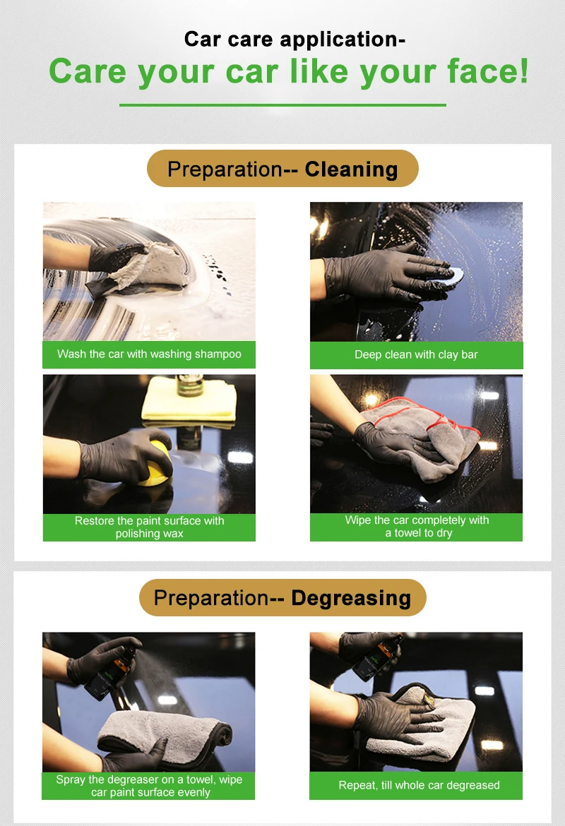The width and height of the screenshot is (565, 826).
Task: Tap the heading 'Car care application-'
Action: click(295, 39)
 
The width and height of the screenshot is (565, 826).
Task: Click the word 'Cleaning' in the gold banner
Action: click(351, 169)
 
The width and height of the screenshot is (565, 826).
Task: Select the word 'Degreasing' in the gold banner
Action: click(351, 599)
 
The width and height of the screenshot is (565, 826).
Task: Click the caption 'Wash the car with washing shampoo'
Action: click(149, 354)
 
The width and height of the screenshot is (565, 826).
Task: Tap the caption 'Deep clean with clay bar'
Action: click(417, 354)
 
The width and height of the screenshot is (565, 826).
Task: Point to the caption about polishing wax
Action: click(149, 527)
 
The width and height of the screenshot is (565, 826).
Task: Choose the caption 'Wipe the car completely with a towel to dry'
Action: click(417, 526)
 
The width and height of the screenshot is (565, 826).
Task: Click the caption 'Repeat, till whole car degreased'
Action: click(419, 785)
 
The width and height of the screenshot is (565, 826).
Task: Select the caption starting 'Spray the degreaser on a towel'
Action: click(149, 786)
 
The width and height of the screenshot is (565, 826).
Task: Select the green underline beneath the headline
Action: click(282, 104)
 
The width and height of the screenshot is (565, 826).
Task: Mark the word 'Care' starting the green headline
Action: click(88, 71)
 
